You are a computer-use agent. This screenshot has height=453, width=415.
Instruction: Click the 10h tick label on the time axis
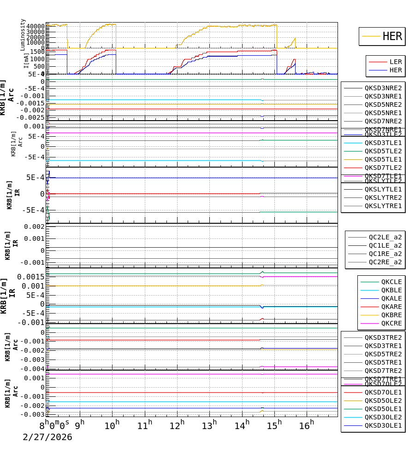tap(112, 425)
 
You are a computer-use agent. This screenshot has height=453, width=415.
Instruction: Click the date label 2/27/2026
tap(47, 437)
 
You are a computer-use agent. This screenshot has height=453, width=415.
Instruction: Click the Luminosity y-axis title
tap(23, 35)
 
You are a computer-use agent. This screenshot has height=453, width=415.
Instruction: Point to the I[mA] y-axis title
tap(26, 60)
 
